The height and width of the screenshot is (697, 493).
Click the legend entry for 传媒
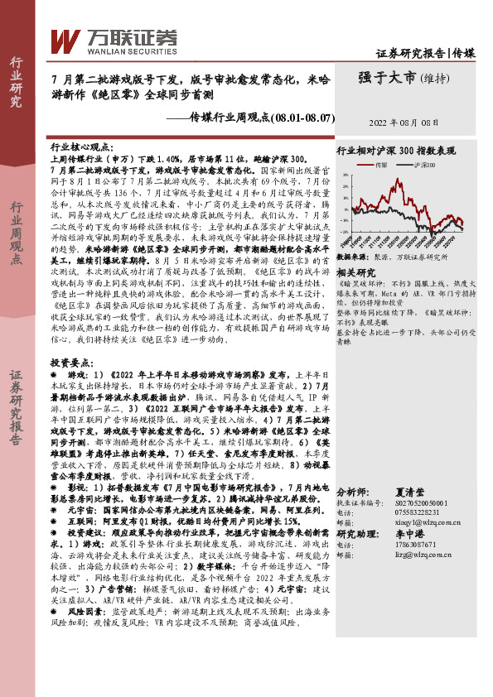point(381,166)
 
